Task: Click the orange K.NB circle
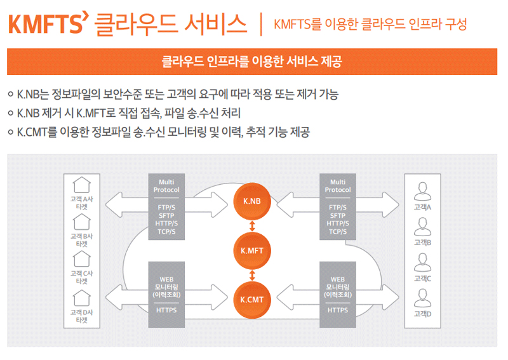(253, 201)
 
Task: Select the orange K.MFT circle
(253, 250)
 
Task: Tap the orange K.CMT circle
(253, 298)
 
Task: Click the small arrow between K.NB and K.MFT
(253, 225)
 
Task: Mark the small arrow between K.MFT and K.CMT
(253, 275)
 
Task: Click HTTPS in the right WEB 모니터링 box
(337, 310)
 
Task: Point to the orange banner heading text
(252, 62)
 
